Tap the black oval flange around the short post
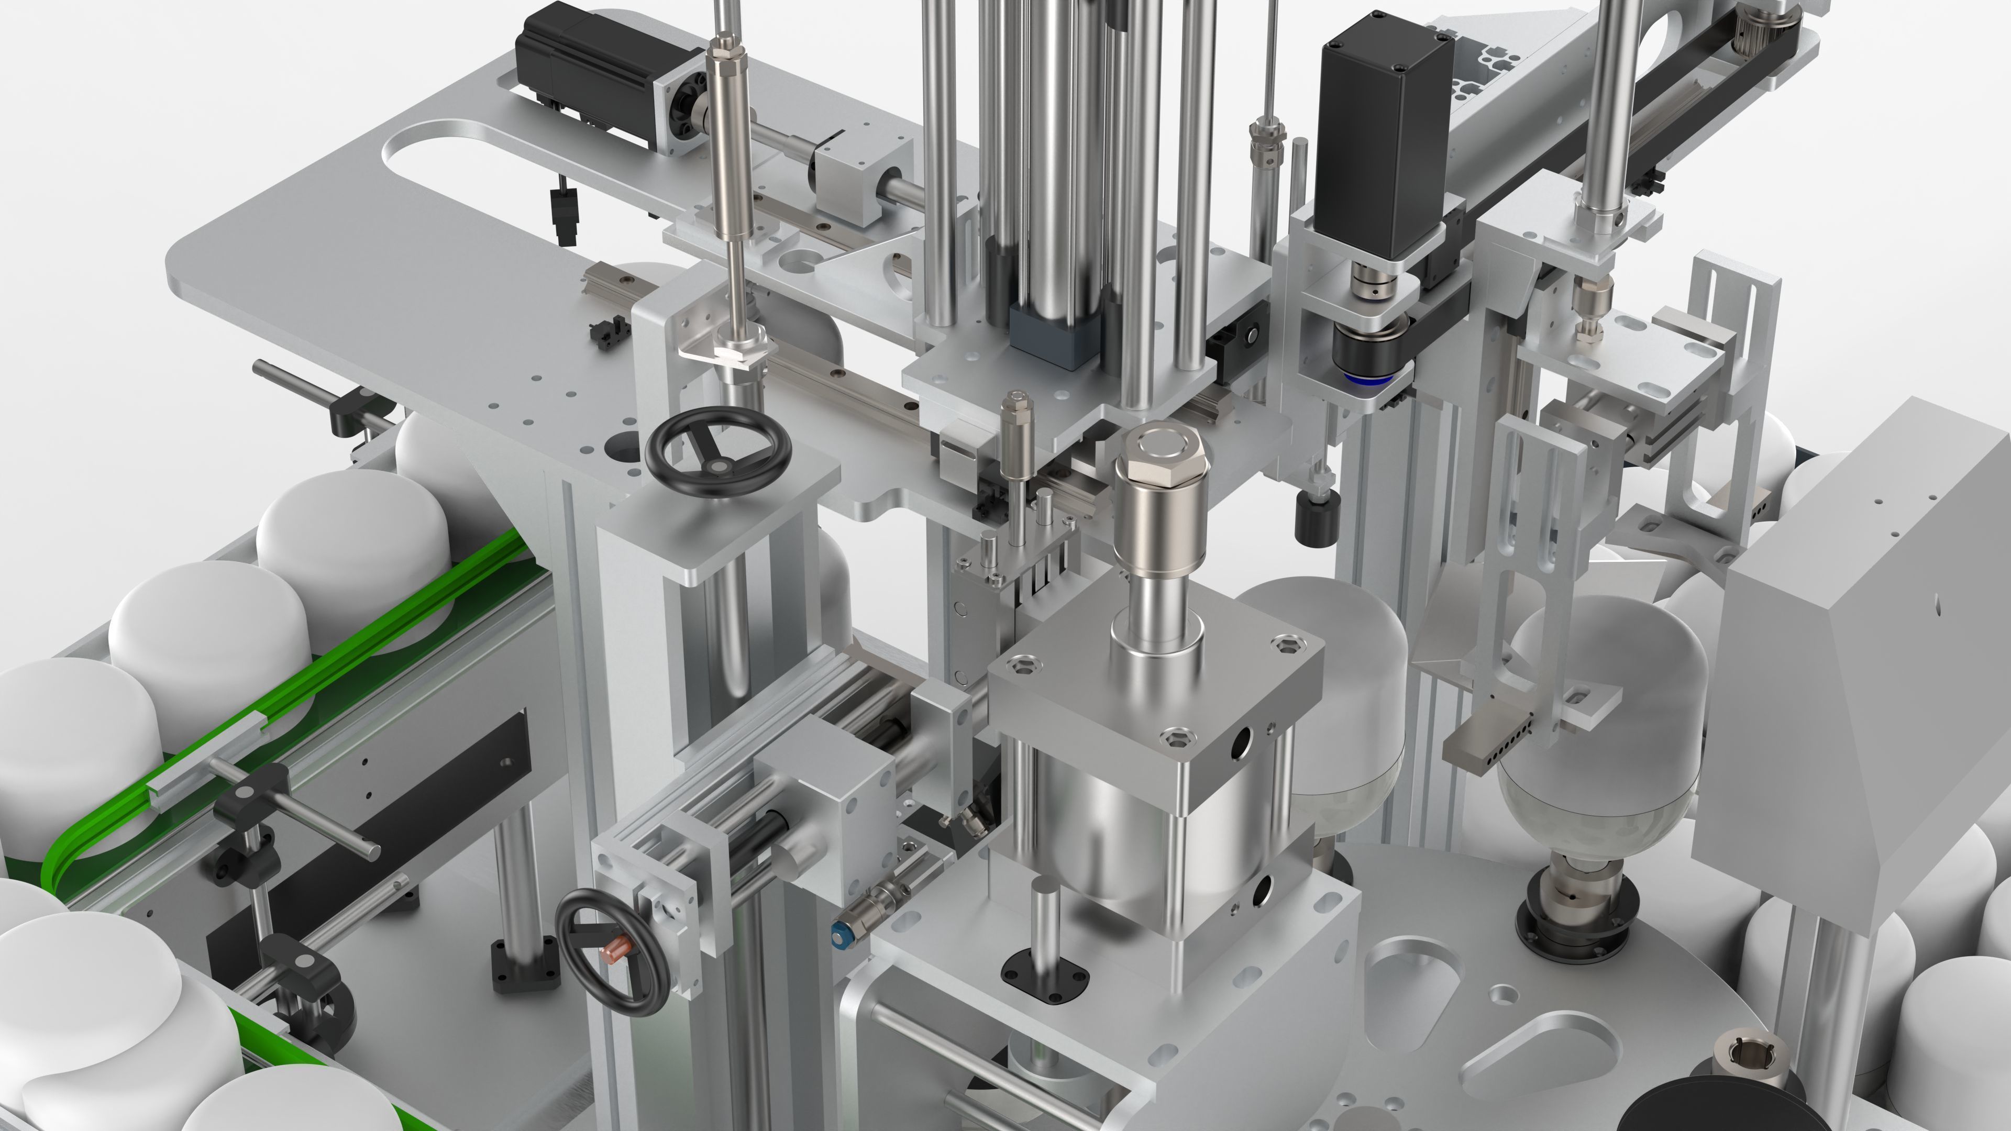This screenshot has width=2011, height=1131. (1044, 977)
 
